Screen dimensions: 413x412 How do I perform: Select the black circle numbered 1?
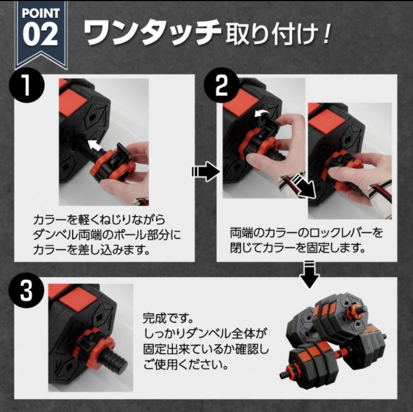26,85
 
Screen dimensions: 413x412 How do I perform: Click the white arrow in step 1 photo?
95,145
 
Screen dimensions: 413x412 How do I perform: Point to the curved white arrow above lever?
262,114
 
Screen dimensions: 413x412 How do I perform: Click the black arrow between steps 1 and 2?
205,171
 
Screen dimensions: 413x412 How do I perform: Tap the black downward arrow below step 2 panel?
309,273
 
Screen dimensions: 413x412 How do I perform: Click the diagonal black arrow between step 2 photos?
303,187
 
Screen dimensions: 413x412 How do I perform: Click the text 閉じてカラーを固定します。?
298,248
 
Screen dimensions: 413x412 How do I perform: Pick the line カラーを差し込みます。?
91,250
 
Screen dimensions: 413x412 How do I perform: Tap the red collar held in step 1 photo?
112,165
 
